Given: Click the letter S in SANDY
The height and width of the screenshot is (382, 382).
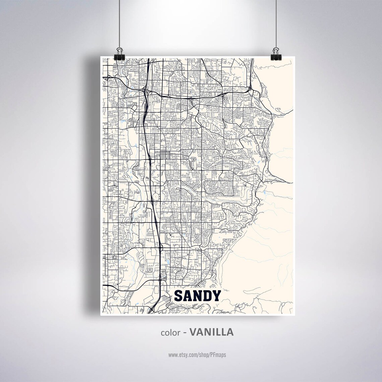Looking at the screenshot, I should (179, 296).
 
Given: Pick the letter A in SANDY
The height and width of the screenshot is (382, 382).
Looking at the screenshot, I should (188, 296).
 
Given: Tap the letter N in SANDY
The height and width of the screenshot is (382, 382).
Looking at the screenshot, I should (198, 296).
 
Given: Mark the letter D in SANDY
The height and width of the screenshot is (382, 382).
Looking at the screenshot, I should (208, 296).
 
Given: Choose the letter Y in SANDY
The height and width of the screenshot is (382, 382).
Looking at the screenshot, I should (216, 296).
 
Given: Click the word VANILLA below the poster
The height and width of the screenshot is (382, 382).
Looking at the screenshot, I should (211, 332).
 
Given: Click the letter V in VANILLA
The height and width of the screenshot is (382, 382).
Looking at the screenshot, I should (193, 332).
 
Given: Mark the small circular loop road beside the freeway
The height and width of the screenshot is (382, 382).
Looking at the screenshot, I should (156, 195).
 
